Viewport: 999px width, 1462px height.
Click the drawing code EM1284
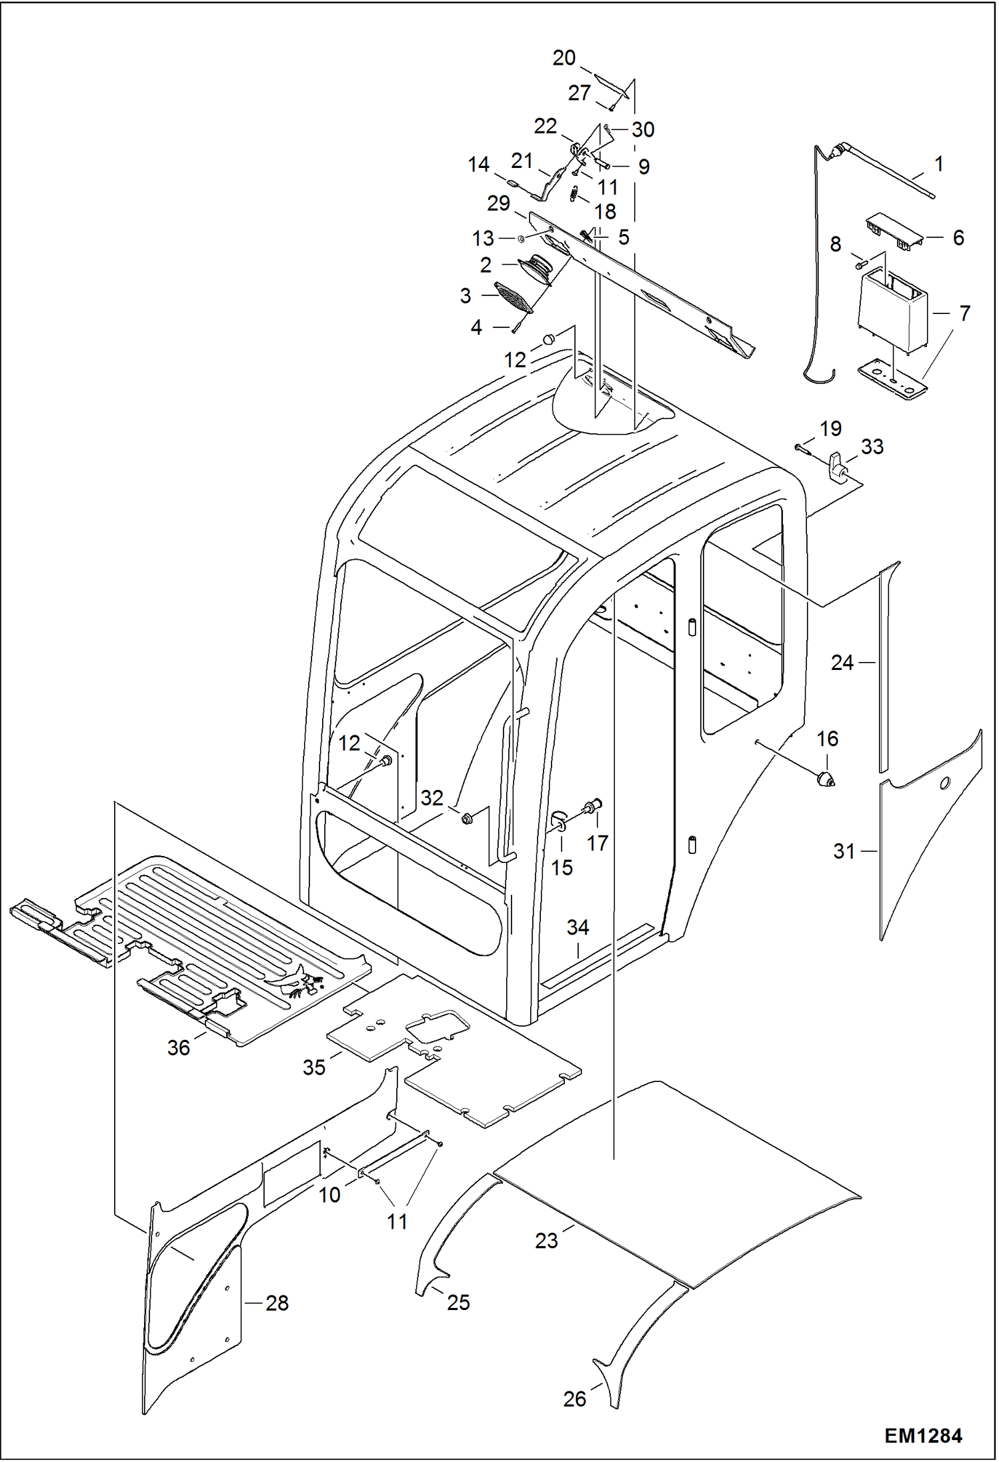tap(923, 1435)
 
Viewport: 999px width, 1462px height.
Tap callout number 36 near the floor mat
tap(178, 1047)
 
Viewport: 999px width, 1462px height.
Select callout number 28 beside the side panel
tap(277, 1303)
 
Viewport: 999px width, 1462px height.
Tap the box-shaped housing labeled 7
tap(890, 311)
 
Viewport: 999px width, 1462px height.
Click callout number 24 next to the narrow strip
tap(842, 662)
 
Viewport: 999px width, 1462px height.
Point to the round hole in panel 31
tap(944, 782)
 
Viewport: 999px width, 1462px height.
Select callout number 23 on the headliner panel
tap(546, 1241)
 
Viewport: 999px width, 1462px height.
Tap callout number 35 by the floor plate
tap(313, 1067)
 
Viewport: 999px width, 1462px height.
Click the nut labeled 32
tap(466, 817)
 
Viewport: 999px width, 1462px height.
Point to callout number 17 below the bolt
tap(597, 843)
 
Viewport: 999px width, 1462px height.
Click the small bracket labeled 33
tap(837, 467)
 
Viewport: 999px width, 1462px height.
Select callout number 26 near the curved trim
tap(574, 1399)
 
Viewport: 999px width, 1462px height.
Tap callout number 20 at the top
tap(564, 58)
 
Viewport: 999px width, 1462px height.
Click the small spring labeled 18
tap(573, 193)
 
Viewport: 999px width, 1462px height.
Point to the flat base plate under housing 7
tap(891, 381)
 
